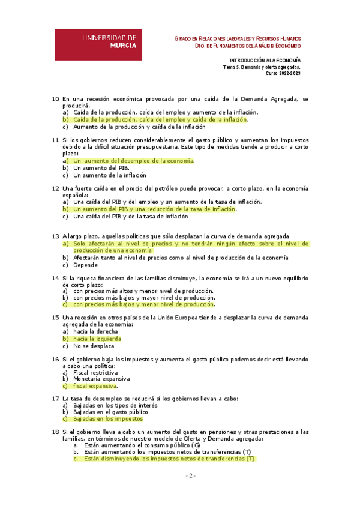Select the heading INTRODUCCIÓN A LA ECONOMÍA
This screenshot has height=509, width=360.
[x=265, y=61]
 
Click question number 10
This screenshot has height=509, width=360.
[x=56, y=98]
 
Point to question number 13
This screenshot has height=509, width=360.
[x=56, y=236]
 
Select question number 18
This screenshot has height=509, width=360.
[x=56, y=432]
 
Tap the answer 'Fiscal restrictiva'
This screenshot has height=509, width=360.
[x=95, y=372]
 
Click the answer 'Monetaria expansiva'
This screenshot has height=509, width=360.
[x=99, y=379]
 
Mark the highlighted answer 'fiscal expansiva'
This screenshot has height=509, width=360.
[x=95, y=387]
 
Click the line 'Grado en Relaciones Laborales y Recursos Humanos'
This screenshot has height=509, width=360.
[x=237, y=38]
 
